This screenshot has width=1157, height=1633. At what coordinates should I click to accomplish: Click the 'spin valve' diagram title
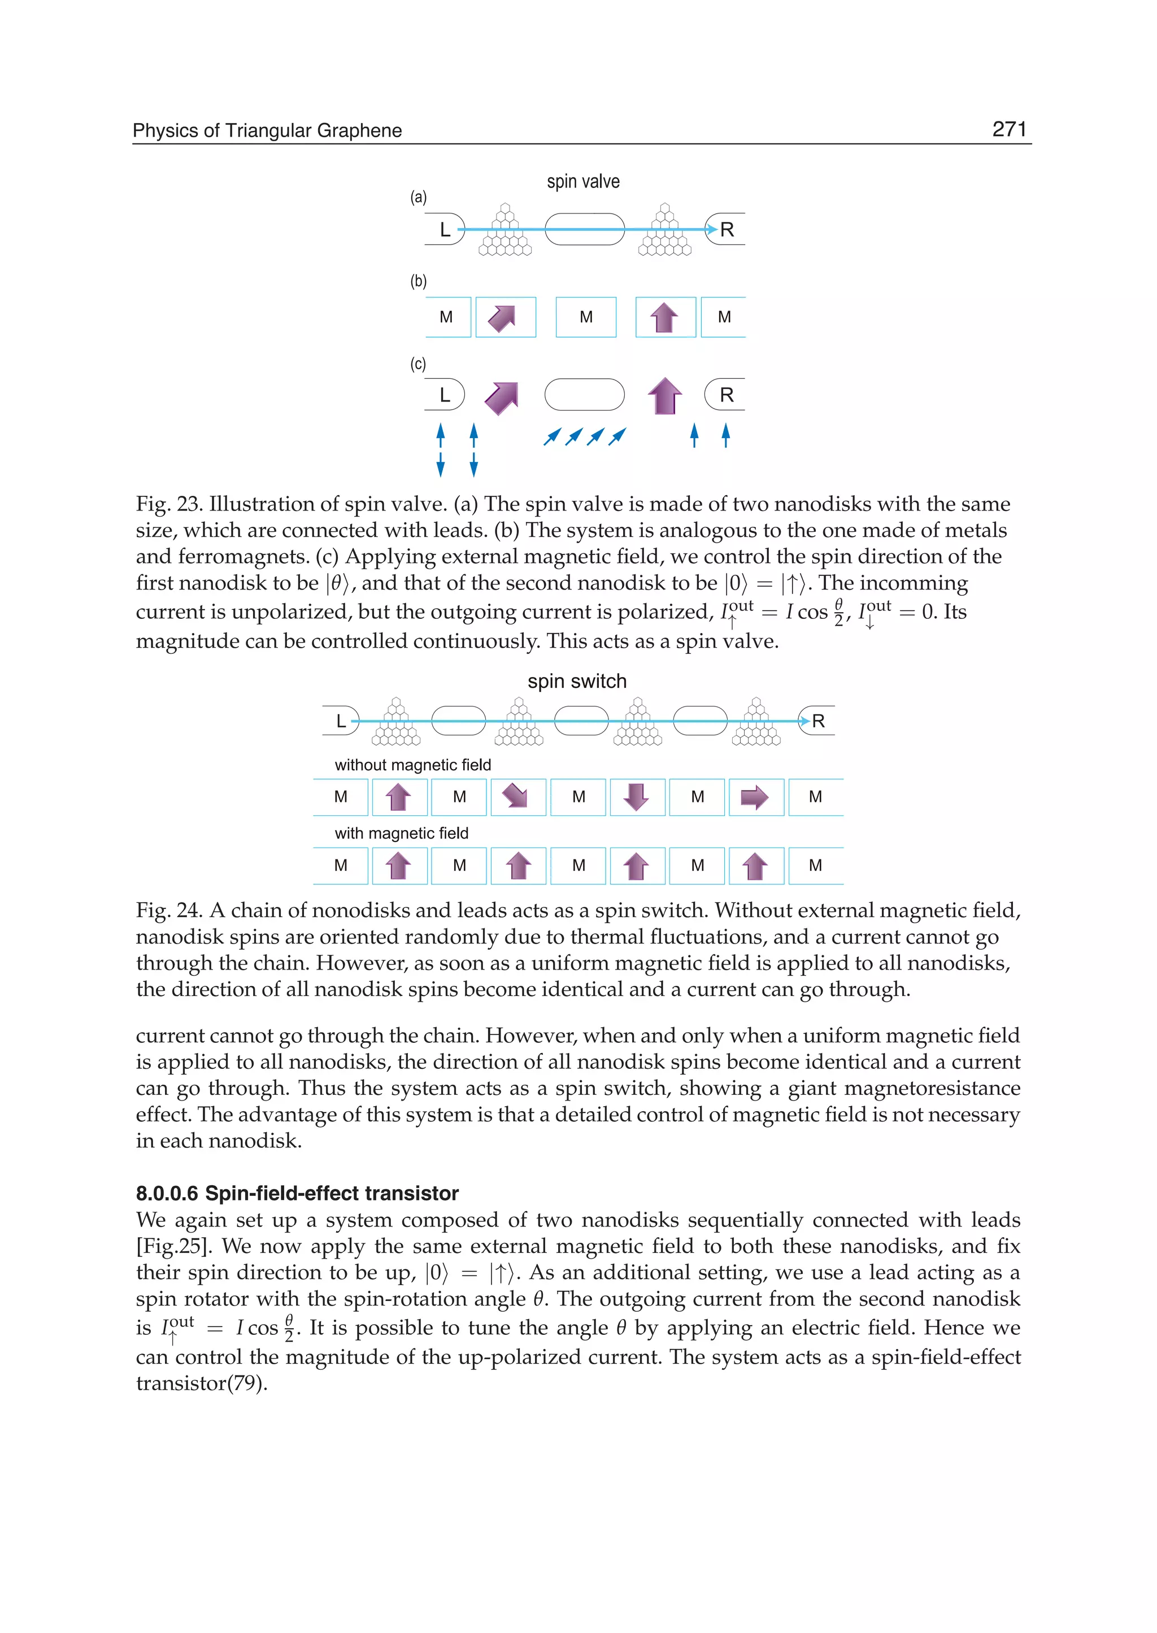pos(583,182)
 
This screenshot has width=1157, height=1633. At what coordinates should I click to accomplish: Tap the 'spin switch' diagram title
pos(576,682)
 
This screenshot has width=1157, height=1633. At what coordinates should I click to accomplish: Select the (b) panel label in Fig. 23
pos(418,281)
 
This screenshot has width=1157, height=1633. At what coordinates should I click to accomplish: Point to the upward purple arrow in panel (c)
pos(665,395)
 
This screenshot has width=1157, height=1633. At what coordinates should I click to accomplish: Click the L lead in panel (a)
pos(445,229)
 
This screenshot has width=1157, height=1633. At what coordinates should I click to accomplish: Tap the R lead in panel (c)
pos(726,395)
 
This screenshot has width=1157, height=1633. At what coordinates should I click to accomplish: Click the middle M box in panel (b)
pos(586,317)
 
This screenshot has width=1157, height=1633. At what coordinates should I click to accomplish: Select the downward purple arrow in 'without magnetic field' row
pos(636,796)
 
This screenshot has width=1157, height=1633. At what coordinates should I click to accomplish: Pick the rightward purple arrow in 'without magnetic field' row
pos(754,797)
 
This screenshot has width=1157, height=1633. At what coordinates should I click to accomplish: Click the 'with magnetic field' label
pos(401,833)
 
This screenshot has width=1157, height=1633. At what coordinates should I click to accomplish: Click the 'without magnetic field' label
pos(412,765)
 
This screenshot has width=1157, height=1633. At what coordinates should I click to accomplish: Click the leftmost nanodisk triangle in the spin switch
pos(396,723)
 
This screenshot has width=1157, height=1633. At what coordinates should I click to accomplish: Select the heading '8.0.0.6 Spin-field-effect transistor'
pos(297,1193)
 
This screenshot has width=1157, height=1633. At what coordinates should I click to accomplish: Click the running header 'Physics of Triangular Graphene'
pos(267,130)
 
